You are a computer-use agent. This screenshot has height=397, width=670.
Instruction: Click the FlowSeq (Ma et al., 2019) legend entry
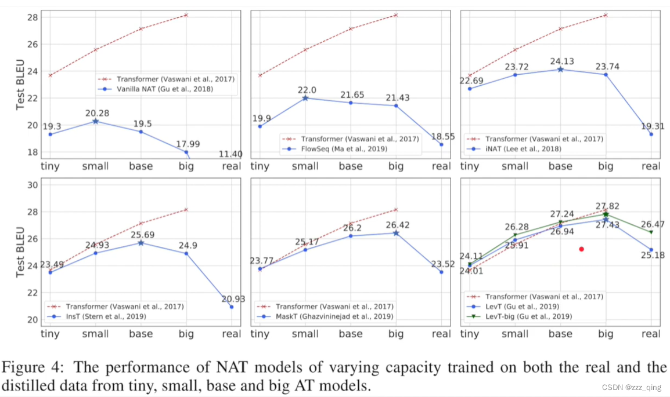click(345, 149)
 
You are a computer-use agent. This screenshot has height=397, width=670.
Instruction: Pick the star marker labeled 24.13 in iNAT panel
click(560, 70)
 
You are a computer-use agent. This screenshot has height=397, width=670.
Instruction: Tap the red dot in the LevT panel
click(581, 249)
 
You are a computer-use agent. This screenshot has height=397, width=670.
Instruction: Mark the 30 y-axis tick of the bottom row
click(32, 185)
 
